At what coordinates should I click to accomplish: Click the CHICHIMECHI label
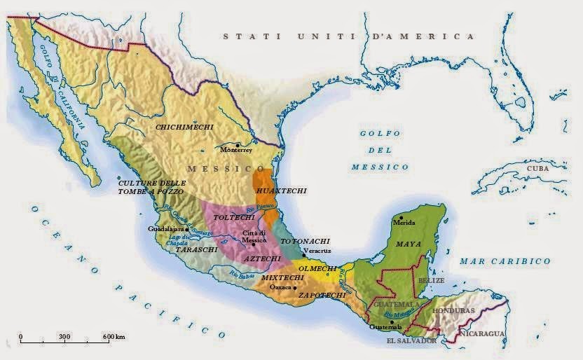pyautogui.click(x=184, y=127)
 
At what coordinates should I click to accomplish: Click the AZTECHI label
pyautogui.click(x=262, y=259)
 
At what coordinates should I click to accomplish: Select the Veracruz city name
pyautogui.click(x=317, y=251)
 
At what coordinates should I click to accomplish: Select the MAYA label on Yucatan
pyautogui.click(x=409, y=245)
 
